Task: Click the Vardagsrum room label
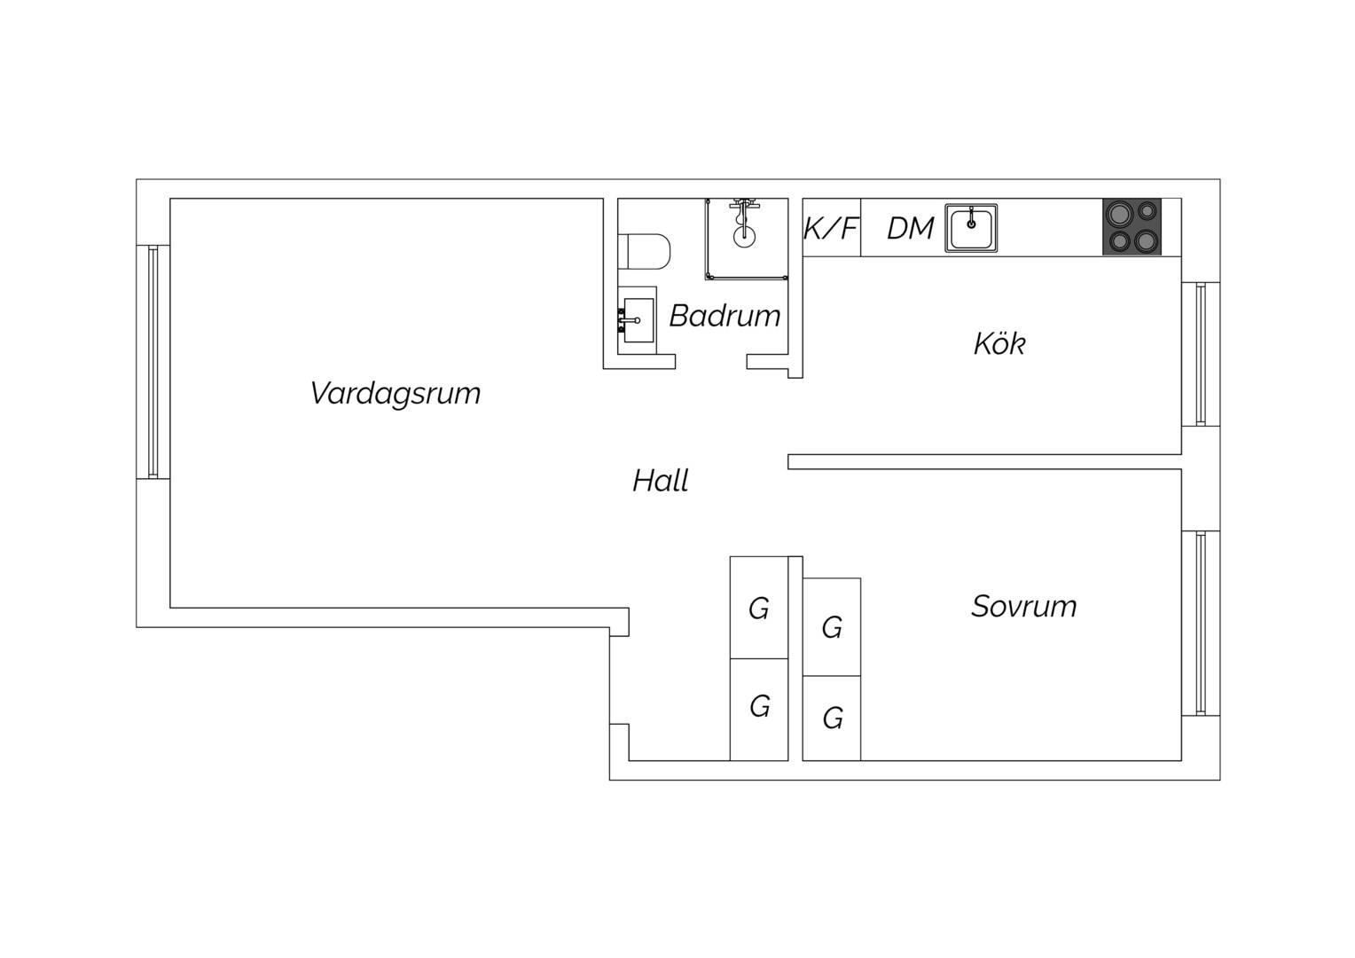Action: point(396,393)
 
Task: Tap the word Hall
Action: point(661,481)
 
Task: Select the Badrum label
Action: point(724,316)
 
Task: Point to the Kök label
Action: point(999,343)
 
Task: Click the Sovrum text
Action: point(1024,607)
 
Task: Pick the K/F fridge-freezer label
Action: point(831,229)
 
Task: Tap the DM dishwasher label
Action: point(911,229)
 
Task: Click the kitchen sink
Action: point(971,228)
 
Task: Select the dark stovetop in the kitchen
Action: point(1132,226)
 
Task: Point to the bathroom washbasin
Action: point(637,320)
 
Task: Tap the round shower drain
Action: point(744,236)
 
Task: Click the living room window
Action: point(153,362)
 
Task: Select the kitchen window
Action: point(1201,354)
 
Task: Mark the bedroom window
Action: point(1201,624)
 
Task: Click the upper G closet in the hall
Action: point(759,608)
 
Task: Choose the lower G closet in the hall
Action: point(759,710)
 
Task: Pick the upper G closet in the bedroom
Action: point(832,627)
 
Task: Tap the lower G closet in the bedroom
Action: point(832,718)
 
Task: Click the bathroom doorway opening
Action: point(711,362)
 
